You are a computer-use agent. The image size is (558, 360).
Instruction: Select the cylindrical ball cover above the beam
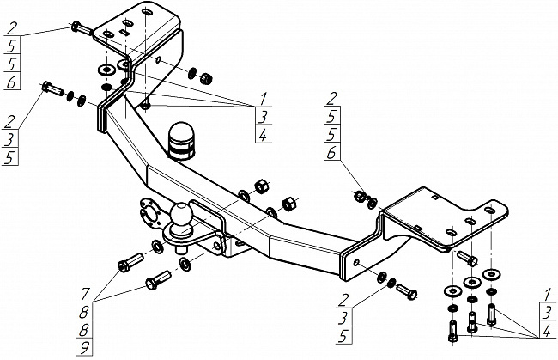tap(182, 141)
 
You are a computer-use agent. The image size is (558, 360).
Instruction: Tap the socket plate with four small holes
tap(149, 215)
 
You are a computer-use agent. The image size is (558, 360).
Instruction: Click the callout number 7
tap(85, 294)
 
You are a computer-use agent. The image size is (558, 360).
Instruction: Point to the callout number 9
tap(84, 347)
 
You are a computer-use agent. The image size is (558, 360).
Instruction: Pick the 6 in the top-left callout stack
tap(12, 82)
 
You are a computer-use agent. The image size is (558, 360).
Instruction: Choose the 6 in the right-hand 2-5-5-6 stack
tap(331, 153)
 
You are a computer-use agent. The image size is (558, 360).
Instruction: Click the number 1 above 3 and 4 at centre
tap(264, 99)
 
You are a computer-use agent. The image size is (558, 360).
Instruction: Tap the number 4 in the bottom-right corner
tap(548, 331)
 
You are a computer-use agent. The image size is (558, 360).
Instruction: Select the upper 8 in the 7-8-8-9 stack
tap(84, 312)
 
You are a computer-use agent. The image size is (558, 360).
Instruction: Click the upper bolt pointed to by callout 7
tap(130, 262)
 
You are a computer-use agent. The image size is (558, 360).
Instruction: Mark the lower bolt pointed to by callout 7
tap(158, 280)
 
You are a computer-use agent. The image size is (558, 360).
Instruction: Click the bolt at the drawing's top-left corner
tap(82, 28)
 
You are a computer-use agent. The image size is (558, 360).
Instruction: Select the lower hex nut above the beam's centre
tap(288, 204)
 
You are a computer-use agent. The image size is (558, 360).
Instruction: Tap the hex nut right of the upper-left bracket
tap(206, 77)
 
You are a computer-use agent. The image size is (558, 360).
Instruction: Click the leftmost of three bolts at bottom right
tap(452, 331)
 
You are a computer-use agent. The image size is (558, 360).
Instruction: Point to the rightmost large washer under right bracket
tap(491, 274)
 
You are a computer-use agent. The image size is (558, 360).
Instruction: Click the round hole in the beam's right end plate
tap(356, 263)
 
